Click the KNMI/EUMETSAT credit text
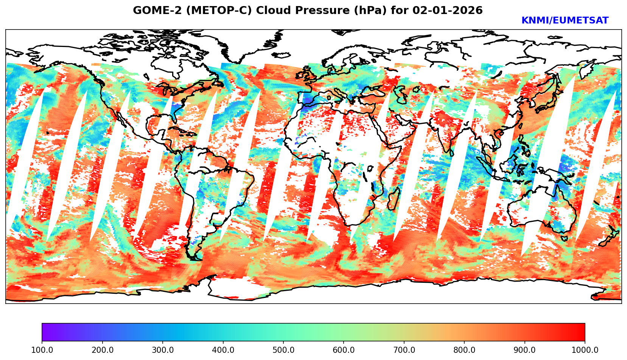tap(565, 20)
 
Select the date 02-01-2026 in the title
tap(448, 10)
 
